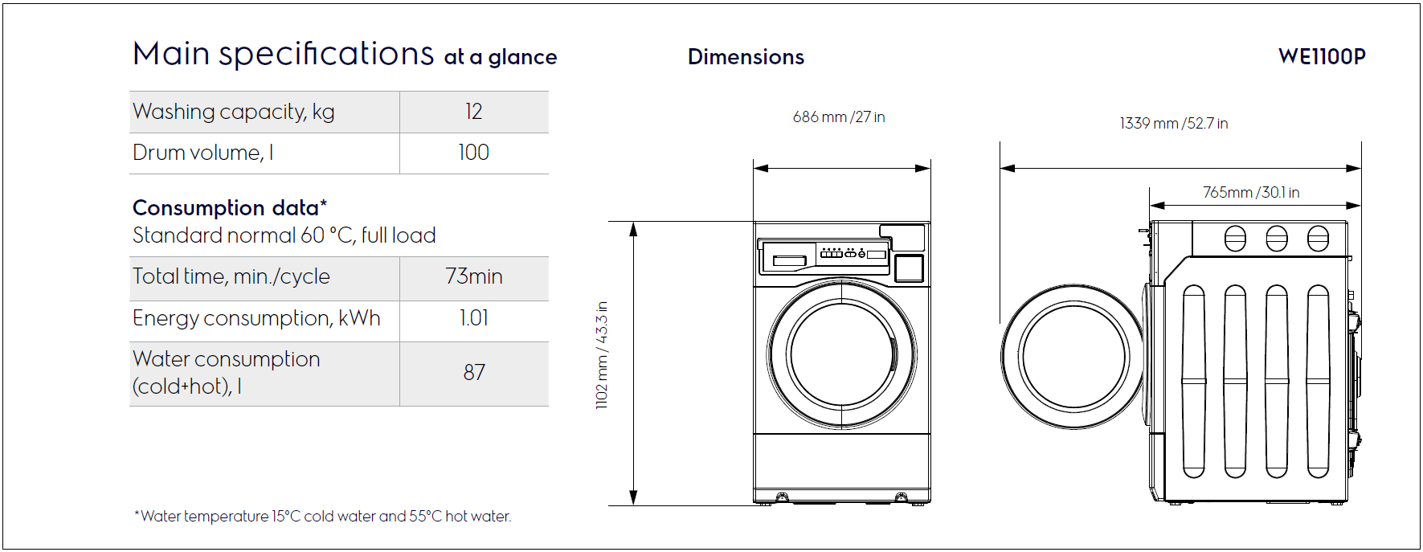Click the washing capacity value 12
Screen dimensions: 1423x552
pos(474,112)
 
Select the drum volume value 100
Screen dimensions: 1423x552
pos(474,153)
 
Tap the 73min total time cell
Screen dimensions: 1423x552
pos(474,276)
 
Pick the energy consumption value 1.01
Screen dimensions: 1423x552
pos(474,318)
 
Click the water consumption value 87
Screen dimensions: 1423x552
pos(474,373)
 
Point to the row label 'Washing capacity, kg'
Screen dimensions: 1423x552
pos(234,112)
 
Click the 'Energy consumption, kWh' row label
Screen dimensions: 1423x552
pos(256,318)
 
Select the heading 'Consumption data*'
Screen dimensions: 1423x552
pos(230,207)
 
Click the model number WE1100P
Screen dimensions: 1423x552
pos(1322,56)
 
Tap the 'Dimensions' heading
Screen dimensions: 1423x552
pos(746,57)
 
